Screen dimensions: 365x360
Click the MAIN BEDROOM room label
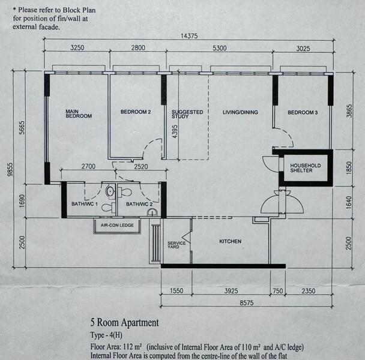click(79, 114)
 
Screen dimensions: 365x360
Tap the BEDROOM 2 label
click(136, 112)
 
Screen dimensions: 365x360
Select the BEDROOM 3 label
click(303, 113)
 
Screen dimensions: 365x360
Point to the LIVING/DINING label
click(240, 112)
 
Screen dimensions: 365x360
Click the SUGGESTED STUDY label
click(187, 114)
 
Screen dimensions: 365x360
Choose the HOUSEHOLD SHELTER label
click(305, 168)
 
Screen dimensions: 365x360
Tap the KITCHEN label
click(230, 242)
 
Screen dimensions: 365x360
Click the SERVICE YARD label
click(176, 245)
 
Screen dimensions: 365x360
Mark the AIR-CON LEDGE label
click(117, 225)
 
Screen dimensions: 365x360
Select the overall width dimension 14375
click(189, 36)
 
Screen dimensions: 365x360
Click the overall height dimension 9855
click(10, 170)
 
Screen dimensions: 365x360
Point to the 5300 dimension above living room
click(219, 48)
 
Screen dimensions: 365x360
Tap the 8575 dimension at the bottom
click(247, 303)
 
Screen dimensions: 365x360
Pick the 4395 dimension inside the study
click(175, 131)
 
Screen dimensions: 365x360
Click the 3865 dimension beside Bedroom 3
click(349, 111)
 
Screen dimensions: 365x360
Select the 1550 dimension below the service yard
click(176, 291)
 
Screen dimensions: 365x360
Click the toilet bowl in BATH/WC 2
click(125, 192)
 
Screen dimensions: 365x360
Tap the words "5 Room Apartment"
click(124, 323)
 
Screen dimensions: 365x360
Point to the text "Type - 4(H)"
click(106, 335)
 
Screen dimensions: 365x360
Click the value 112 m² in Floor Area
click(133, 347)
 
